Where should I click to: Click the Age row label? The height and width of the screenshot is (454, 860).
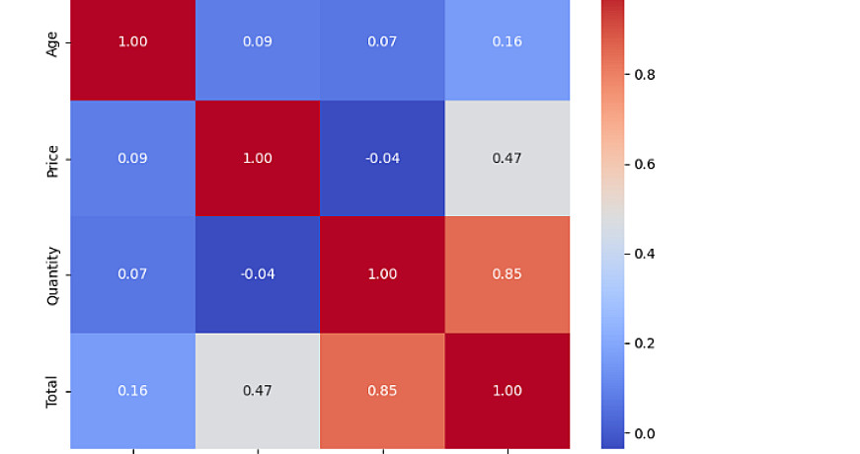53,43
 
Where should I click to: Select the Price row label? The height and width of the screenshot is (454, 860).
53,159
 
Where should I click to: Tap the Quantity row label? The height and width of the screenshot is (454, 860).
53,275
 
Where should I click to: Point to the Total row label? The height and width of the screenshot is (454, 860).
53,391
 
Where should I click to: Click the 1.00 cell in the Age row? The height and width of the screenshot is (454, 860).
132,42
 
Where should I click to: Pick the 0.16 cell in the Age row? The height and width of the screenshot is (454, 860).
508,42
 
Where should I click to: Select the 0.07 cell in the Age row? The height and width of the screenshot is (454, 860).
382,42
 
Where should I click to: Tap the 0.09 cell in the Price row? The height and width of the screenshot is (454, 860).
132,159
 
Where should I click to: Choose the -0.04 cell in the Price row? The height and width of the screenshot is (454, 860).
382,159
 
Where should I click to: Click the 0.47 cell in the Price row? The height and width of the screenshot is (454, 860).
508,159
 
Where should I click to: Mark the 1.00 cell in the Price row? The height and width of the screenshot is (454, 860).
258,159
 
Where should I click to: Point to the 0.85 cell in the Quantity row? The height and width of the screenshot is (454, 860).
508,274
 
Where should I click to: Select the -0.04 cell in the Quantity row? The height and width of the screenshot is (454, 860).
258,274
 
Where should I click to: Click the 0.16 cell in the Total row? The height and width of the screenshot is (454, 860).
132,391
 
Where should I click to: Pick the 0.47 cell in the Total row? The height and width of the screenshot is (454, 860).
258,391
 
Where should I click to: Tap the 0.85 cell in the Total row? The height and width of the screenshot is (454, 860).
382,391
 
